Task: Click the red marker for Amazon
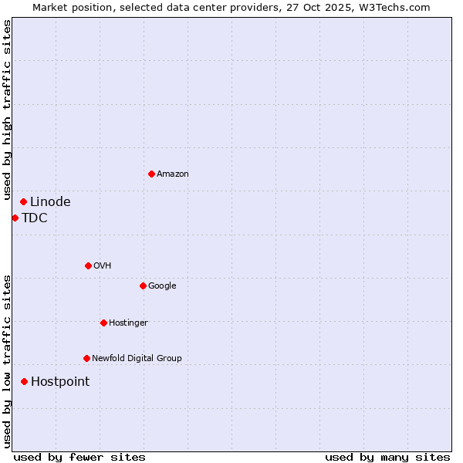tap(151, 174)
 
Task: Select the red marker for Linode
tap(24, 201)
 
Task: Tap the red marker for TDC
tap(15, 218)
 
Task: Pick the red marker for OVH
tap(88, 265)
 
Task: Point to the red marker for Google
tap(143, 286)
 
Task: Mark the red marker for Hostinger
tap(103, 323)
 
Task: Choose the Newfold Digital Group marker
tap(86, 358)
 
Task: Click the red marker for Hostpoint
tap(25, 381)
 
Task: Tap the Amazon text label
tap(173, 174)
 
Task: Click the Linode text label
tap(50, 202)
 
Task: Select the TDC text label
tap(35, 218)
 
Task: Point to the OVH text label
tap(103, 266)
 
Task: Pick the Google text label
tap(162, 286)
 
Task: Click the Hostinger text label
tap(128, 323)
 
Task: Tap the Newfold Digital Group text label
tap(137, 359)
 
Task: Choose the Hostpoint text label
tap(60, 382)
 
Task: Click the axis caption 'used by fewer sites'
tap(79, 458)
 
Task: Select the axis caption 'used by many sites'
tap(387, 458)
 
